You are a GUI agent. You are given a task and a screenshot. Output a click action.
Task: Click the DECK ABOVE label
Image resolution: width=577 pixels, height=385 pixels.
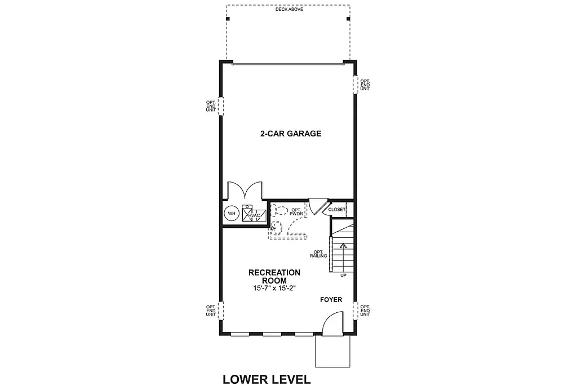tap(289, 10)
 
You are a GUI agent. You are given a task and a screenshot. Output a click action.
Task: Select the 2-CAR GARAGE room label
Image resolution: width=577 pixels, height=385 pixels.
tap(290, 134)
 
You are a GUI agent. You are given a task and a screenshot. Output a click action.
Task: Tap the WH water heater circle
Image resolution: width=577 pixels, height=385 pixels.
tap(231, 214)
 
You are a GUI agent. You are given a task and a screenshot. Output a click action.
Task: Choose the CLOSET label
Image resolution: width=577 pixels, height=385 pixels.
tap(336, 210)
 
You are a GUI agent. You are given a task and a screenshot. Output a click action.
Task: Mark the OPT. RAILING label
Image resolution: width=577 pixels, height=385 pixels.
tap(318, 254)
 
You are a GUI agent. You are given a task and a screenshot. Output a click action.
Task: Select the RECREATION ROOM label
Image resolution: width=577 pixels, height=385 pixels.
tap(274, 276)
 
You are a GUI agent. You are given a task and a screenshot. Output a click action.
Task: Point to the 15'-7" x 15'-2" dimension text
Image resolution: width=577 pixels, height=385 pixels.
tap(274, 288)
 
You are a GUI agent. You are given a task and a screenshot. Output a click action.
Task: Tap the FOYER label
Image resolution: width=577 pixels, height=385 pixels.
tap(331, 300)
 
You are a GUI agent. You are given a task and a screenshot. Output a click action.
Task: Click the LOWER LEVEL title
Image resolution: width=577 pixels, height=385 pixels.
tap(267, 379)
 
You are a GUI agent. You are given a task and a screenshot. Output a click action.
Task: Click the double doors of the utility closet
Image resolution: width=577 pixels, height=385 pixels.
tap(243, 191)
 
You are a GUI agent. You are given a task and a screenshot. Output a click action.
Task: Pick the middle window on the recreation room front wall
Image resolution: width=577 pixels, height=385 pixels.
tap(272, 334)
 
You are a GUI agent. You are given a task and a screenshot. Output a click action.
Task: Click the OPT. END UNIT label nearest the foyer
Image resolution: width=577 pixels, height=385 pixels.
tap(365, 311)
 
